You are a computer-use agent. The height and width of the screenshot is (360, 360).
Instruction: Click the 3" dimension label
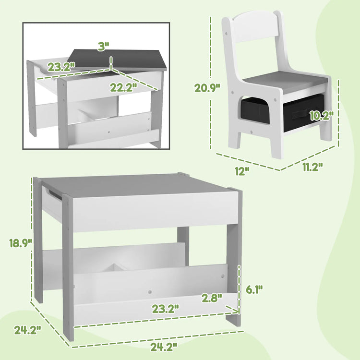(x=104, y=46)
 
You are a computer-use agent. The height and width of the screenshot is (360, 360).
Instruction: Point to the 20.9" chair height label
(x=207, y=87)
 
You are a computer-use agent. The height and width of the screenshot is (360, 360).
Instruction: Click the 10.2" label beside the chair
(x=321, y=115)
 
